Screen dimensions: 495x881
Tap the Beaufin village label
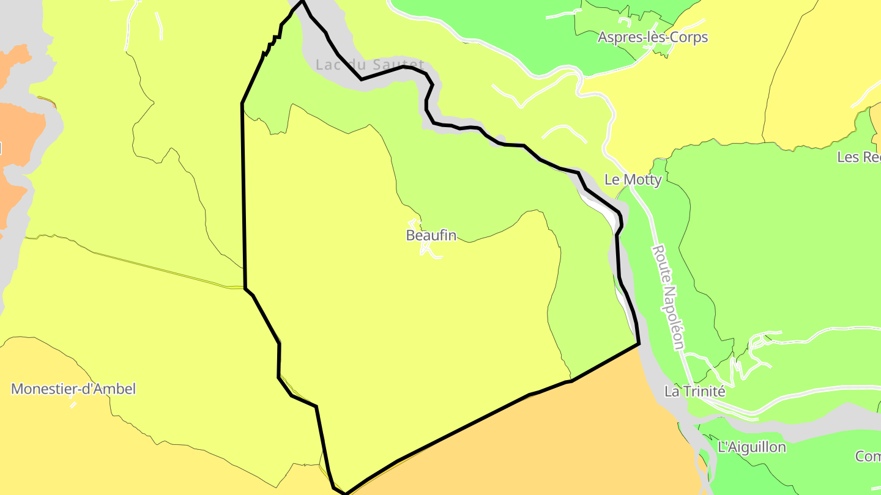[x=431, y=235]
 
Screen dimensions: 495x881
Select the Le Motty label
[x=633, y=180]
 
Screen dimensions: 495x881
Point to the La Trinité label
[x=694, y=392]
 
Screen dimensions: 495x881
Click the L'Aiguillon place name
[x=751, y=447]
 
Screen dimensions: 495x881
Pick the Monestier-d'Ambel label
[x=73, y=389]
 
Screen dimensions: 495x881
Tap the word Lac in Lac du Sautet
[x=327, y=64]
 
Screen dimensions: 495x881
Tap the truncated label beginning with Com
[x=868, y=457]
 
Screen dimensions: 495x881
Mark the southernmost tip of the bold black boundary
[x=346, y=493]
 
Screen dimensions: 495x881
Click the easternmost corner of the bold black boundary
[x=639, y=343]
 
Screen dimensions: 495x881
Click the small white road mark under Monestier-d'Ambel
[x=73, y=405]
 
